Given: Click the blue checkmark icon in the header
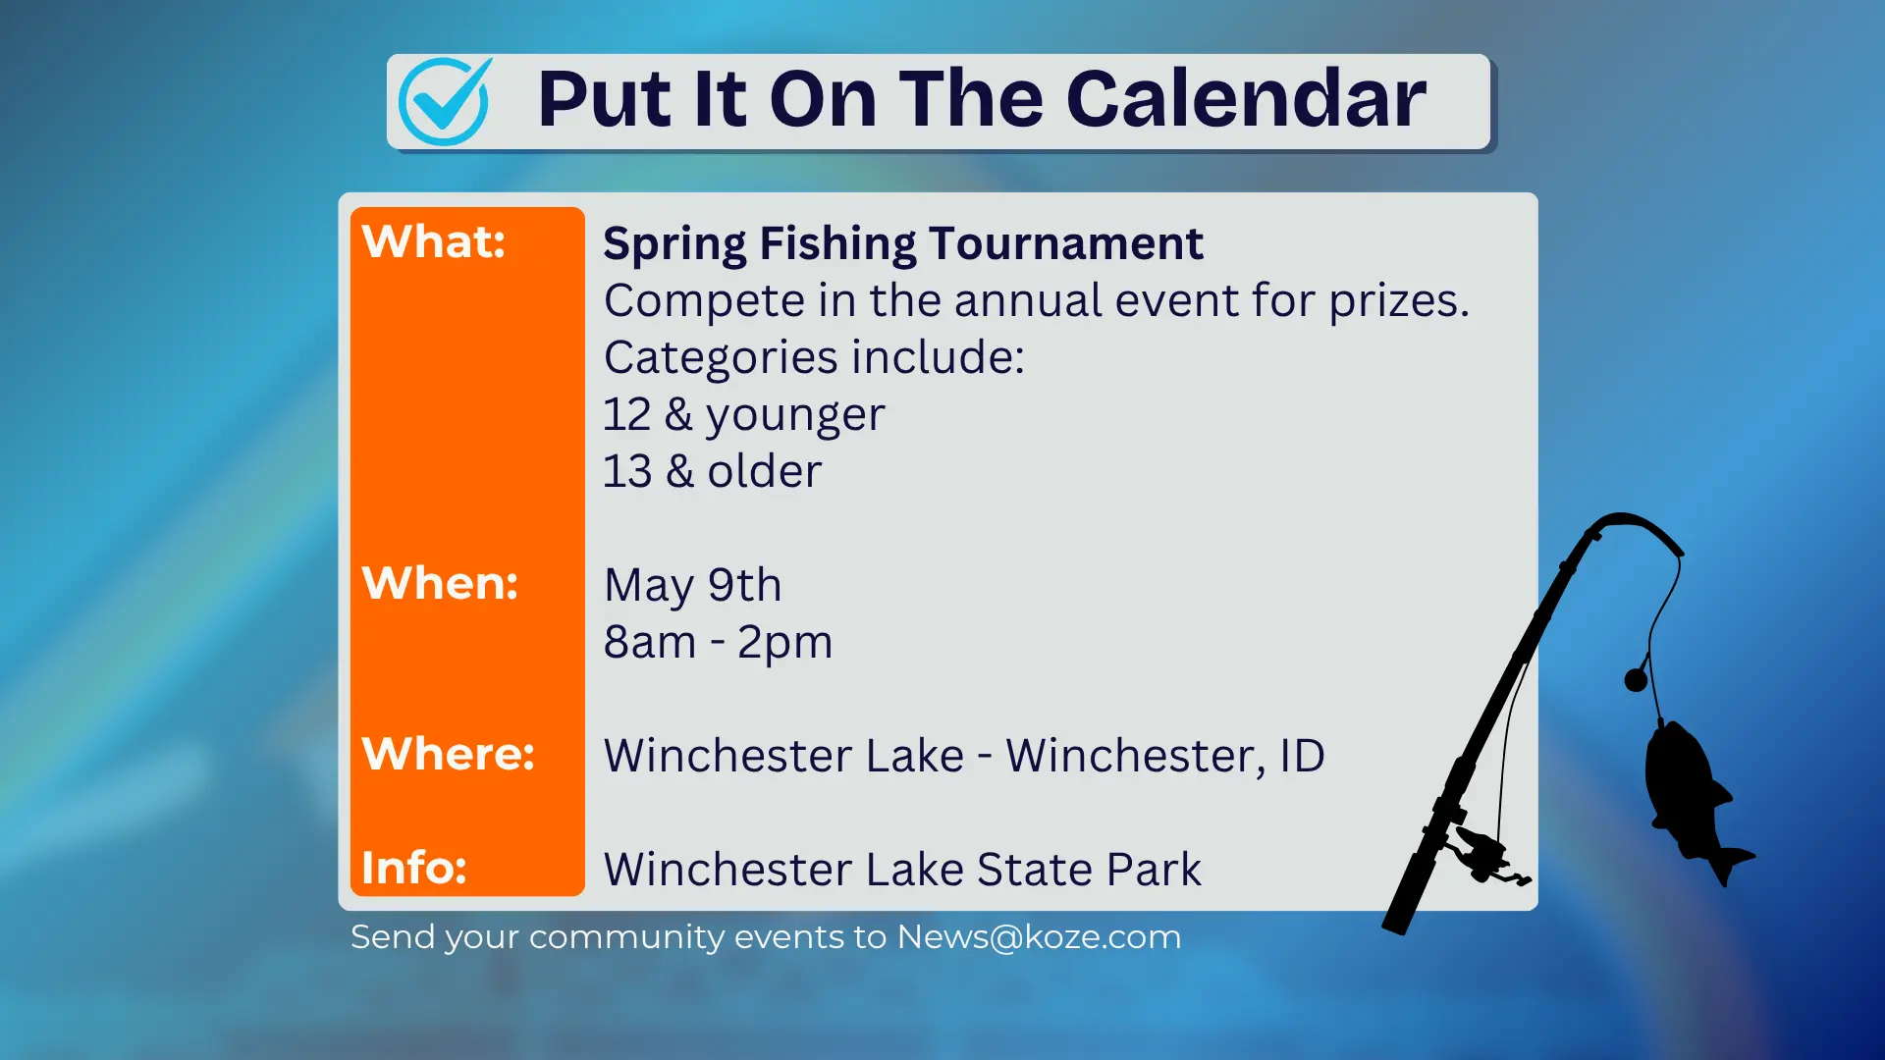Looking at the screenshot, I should click(x=445, y=101).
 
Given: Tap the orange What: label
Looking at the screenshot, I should click(x=434, y=241).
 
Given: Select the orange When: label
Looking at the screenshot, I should click(x=440, y=583).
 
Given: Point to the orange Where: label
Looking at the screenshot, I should click(x=448, y=754).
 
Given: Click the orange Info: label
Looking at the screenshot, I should click(x=414, y=868).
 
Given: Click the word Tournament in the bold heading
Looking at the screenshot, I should click(x=1065, y=243).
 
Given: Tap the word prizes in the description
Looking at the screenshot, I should click(x=1398, y=300).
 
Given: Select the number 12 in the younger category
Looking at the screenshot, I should click(x=626, y=414).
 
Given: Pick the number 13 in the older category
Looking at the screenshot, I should click(x=626, y=471).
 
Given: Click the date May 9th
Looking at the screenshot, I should click(x=692, y=585).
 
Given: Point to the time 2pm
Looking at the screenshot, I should click(x=784, y=642).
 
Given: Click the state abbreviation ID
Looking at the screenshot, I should click(x=1302, y=756).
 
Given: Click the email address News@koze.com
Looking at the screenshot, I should click(x=1039, y=936).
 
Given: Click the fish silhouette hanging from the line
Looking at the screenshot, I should click(x=1691, y=795).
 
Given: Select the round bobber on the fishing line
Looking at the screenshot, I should click(x=1636, y=679).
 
